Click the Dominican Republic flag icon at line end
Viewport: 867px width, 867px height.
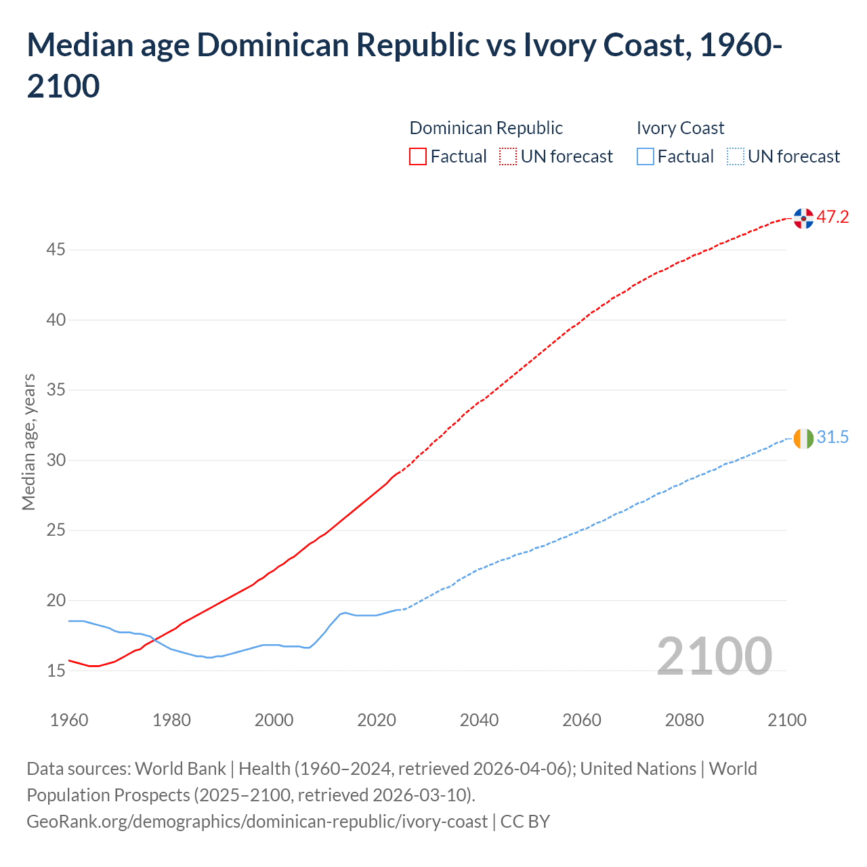[803, 218]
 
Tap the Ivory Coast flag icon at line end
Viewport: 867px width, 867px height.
[803, 438]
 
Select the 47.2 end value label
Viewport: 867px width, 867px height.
[832, 217]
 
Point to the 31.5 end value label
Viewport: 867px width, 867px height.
[832, 438]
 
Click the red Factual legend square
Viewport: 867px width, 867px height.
[418, 156]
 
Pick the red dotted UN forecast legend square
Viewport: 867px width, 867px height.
[508, 156]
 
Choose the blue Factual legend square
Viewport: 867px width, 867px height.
[646, 156]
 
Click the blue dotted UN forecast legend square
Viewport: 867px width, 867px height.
[735, 156]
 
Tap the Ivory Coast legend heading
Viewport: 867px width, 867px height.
[680, 128]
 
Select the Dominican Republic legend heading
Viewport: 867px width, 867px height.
[486, 128]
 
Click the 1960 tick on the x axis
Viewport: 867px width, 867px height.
[69, 720]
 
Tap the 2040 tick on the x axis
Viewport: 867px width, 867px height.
[479, 720]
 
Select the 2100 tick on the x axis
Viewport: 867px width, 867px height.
[787, 720]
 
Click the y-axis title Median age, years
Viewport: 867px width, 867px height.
[28, 442]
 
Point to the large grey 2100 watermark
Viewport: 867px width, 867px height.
[714, 656]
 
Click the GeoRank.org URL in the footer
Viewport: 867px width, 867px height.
[257, 822]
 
